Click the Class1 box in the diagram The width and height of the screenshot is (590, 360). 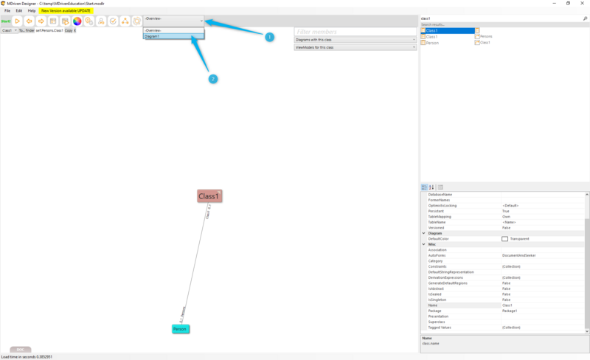click(x=209, y=196)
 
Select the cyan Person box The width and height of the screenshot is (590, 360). click(x=181, y=328)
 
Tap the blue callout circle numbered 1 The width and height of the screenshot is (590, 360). click(x=269, y=37)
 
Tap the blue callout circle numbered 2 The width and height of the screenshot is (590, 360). click(x=213, y=79)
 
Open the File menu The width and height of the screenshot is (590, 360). click(x=7, y=11)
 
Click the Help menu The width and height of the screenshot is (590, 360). click(x=32, y=11)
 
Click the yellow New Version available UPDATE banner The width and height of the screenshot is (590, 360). click(x=66, y=11)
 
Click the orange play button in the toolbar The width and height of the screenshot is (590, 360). click(x=17, y=21)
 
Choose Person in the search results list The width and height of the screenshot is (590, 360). click(x=432, y=43)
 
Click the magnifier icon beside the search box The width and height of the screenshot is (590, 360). click(x=585, y=18)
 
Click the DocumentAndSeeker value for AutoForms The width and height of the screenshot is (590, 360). click(x=519, y=255)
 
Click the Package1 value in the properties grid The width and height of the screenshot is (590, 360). click(x=511, y=311)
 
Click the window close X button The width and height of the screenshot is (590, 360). click(x=582, y=4)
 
